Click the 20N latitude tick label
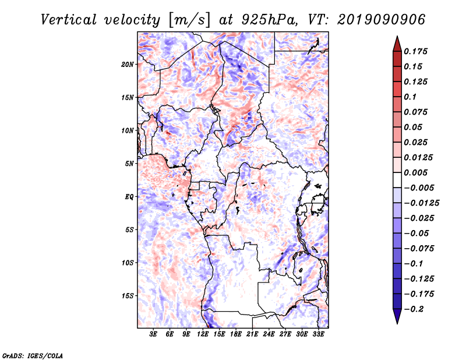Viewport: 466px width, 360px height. point(128,65)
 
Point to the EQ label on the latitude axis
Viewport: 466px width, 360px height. point(129,197)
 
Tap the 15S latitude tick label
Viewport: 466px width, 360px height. point(128,296)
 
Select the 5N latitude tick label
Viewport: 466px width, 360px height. point(129,164)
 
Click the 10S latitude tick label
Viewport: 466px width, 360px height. point(128,263)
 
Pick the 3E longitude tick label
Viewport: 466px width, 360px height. point(153,334)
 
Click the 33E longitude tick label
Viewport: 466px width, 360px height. point(318,334)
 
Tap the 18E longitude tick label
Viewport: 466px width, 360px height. point(236,334)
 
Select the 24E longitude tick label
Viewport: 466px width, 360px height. point(269,334)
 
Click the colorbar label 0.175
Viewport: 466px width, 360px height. point(415,51)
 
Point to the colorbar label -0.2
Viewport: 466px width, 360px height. point(414,309)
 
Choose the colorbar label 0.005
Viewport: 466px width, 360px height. point(415,172)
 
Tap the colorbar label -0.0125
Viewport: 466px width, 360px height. point(421,203)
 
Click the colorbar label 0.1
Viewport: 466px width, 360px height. point(410,97)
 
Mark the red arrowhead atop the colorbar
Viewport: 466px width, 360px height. point(397,44)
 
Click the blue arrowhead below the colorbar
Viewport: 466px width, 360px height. point(397,316)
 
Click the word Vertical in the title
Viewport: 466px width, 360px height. point(69,20)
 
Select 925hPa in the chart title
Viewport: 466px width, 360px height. point(269,20)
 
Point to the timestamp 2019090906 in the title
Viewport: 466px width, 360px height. point(382,20)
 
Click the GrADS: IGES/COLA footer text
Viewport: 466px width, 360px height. point(33,355)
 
